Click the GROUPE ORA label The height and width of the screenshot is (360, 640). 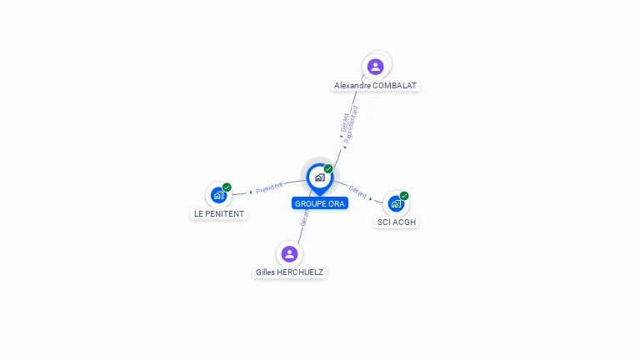[x=319, y=203]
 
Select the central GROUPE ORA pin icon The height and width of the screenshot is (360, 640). [x=319, y=177]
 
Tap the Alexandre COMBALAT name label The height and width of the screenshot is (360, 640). [x=375, y=85]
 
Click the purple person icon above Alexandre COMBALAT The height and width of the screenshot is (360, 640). [x=376, y=67]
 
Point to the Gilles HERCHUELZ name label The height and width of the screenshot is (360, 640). [x=289, y=272]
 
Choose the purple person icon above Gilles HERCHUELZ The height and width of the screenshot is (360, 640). [x=289, y=253]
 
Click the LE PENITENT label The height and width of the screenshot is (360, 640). [x=219, y=213]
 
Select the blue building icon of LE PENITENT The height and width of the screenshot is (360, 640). [x=218, y=195]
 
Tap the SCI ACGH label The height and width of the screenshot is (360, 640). [x=396, y=222]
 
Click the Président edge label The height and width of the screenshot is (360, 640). [x=269, y=188]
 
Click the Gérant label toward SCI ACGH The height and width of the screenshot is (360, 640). [x=358, y=192]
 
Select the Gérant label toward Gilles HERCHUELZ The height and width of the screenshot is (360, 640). [x=305, y=218]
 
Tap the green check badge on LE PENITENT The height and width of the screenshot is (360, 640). [x=227, y=187]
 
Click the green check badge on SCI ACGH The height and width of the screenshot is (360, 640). [x=404, y=196]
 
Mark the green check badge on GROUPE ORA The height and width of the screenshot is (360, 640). [x=328, y=169]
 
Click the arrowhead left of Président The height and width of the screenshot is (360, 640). [x=251, y=192]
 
